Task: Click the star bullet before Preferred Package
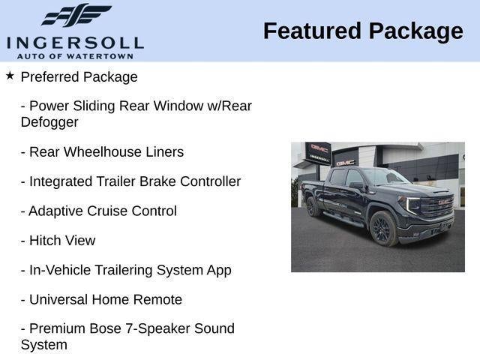click(x=10, y=75)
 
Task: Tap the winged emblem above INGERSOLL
click(x=75, y=16)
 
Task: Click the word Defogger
click(x=49, y=121)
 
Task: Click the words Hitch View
click(x=62, y=241)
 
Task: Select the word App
click(x=217, y=270)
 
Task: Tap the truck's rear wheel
click(x=313, y=207)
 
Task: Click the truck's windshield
click(x=383, y=177)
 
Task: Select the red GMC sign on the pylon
click(x=319, y=148)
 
